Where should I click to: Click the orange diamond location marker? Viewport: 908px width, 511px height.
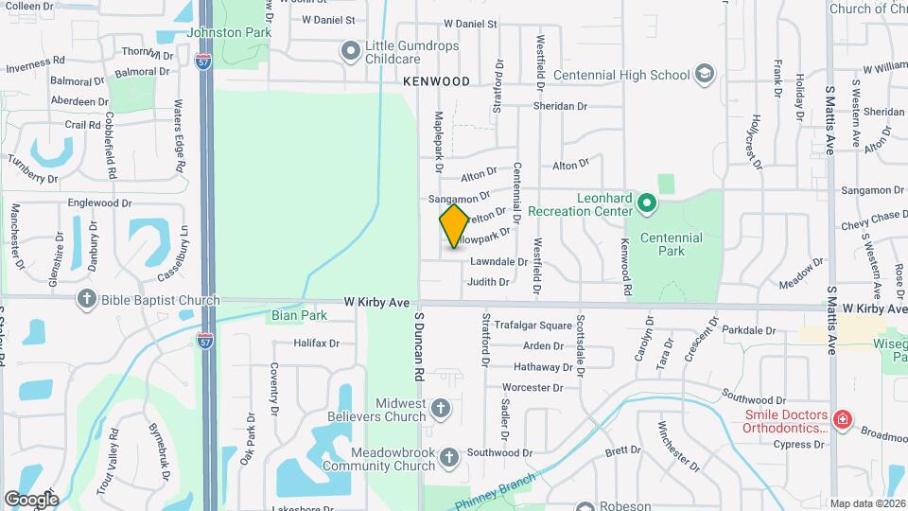click(x=454, y=226)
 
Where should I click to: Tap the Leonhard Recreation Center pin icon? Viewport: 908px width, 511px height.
click(x=647, y=202)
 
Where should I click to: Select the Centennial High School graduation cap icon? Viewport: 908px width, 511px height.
click(x=704, y=74)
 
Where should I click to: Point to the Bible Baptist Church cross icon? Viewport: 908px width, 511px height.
click(x=87, y=300)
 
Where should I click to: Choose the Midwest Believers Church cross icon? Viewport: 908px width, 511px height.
click(x=440, y=410)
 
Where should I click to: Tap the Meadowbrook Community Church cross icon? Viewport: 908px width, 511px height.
click(x=449, y=457)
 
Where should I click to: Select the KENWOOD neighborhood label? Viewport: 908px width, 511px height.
click(x=436, y=81)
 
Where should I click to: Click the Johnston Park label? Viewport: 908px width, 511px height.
click(x=229, y=32)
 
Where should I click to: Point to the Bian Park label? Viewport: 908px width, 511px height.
click(x=299, y=315)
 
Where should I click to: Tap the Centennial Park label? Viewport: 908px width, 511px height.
click(x=672, y=245)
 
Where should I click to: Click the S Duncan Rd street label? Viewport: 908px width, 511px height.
click(x=417, y=347)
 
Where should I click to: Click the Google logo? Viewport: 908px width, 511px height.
click(x=31, y=499)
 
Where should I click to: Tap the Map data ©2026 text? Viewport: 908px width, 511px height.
click(x=866, y=503)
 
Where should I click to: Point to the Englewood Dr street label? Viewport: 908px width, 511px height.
click(x=99, y=203)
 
